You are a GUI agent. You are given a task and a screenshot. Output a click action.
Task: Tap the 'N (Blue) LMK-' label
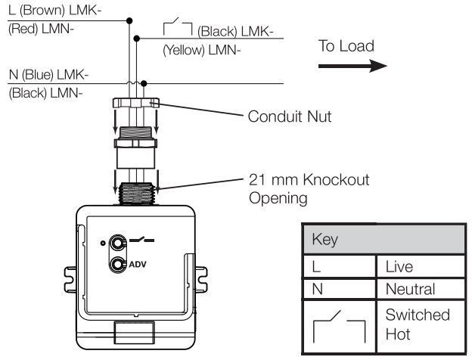46,74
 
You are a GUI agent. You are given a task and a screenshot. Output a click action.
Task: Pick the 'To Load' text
346,46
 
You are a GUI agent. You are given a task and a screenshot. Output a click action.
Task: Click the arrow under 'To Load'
352,67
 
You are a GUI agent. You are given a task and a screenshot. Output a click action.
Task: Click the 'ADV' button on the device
119,265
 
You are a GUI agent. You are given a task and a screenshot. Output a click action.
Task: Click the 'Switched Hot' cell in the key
412,324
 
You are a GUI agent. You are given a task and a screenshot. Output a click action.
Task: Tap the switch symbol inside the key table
340,325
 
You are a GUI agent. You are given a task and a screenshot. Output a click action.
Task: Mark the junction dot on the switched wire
136,39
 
